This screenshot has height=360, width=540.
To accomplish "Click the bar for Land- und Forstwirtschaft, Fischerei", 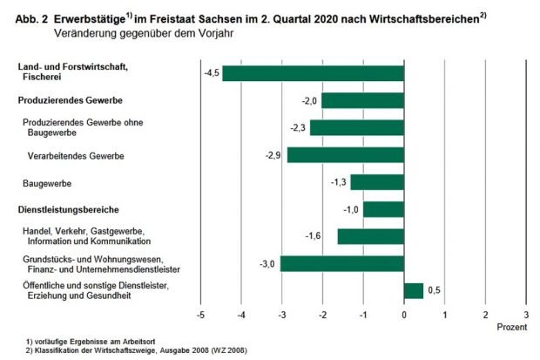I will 314,73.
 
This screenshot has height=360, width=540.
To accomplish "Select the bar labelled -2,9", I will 346,155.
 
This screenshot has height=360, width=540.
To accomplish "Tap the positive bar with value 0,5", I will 414,290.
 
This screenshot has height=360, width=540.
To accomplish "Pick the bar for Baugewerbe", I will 378,182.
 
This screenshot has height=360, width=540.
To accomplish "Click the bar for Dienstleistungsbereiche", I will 384,209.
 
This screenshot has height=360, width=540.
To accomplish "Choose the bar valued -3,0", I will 342,263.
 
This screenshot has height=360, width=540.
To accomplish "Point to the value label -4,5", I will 210,72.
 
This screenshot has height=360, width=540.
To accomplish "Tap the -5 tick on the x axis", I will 201,314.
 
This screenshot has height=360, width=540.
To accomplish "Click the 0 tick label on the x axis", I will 404,314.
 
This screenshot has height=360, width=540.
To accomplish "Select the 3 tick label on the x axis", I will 526,314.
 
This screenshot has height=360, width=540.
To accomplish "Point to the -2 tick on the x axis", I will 323,314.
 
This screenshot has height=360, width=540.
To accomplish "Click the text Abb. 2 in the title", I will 30,18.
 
